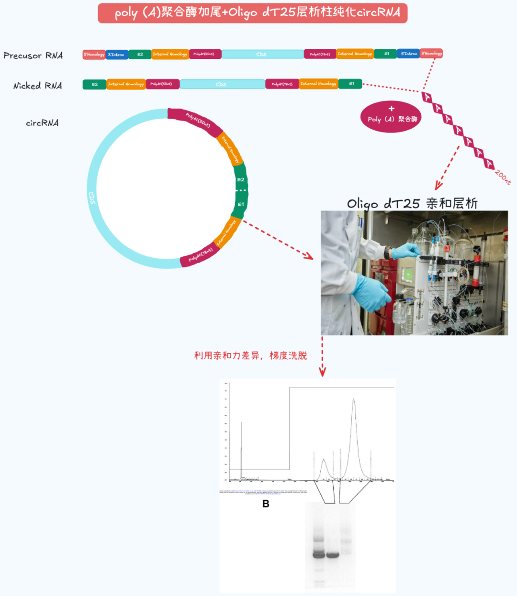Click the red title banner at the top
pos(252,13)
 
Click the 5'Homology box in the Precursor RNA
pos(94,55)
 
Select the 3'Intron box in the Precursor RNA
pos(116,55)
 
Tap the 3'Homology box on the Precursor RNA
pos(431,54)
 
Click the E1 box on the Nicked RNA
pos(350,84)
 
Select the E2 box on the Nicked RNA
pos(94,84)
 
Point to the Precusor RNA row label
pos(33,55)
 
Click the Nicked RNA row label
pos(37,86)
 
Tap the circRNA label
pos(42,123)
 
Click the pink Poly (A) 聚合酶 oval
pos(392,116)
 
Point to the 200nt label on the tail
pos(503,177)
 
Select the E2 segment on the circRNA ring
pos(240,178)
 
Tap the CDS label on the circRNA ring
pos(92,198)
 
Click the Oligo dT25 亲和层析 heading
pos(412,203)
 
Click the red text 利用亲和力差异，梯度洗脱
pos(250,355)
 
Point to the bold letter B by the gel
pos(266,504)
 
